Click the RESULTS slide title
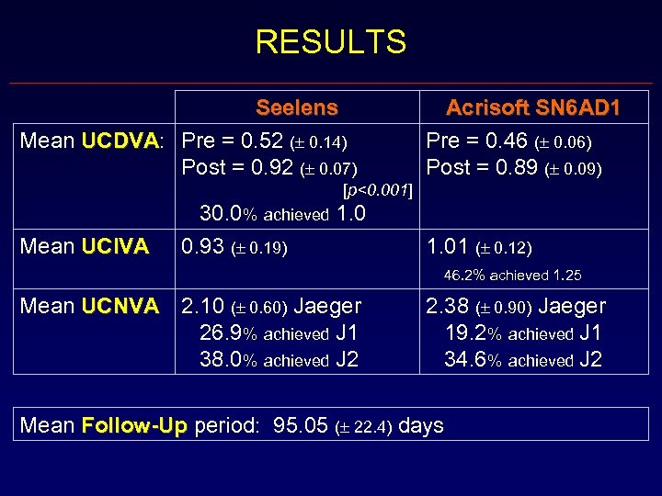pyautogui.click(x=330, y=41)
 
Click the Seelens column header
pyautogui.click(x=297, y=107)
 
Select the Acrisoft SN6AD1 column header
pyautogui.click(x=533, y=107)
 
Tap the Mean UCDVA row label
pyautogui.click(x=92, y=141)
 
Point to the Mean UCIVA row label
pyautogui.click(x=84, y=246)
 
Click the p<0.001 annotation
pyautogui.click(x=377, y=191)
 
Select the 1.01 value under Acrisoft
pyautogui.click(x=445, y=246)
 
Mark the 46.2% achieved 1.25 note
pyautogui.click(x=512, y=275)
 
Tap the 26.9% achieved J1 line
pyautogui.click(x=279, y=333)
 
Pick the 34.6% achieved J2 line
pyautogui.click(x=523, y=360)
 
